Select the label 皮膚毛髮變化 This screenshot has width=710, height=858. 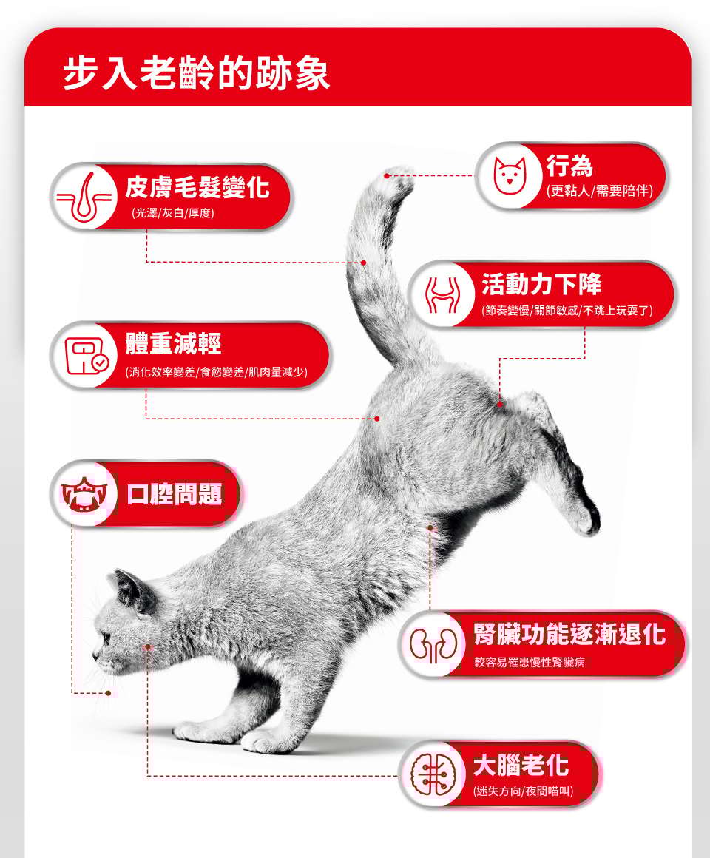pos(197,187)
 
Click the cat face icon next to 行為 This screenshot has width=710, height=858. pos(510,175)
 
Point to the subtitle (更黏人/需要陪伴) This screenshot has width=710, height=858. pos(600,190)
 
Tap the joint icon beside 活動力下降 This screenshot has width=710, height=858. pos(442,294)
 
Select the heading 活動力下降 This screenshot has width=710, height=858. pos(541,284)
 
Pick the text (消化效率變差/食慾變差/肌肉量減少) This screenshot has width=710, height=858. pos(217,372)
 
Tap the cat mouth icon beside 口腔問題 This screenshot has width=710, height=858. pos(83,493)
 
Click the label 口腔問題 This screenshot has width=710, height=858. pos(175,493)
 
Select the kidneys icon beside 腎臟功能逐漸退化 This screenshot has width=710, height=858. pos(433,644)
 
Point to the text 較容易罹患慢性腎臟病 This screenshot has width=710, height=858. pos(530,662)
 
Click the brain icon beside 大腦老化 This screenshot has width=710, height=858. pos(433,773)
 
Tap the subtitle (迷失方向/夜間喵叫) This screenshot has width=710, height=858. pos(524,791)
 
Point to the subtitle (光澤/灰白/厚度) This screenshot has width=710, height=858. pos(173,213)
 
